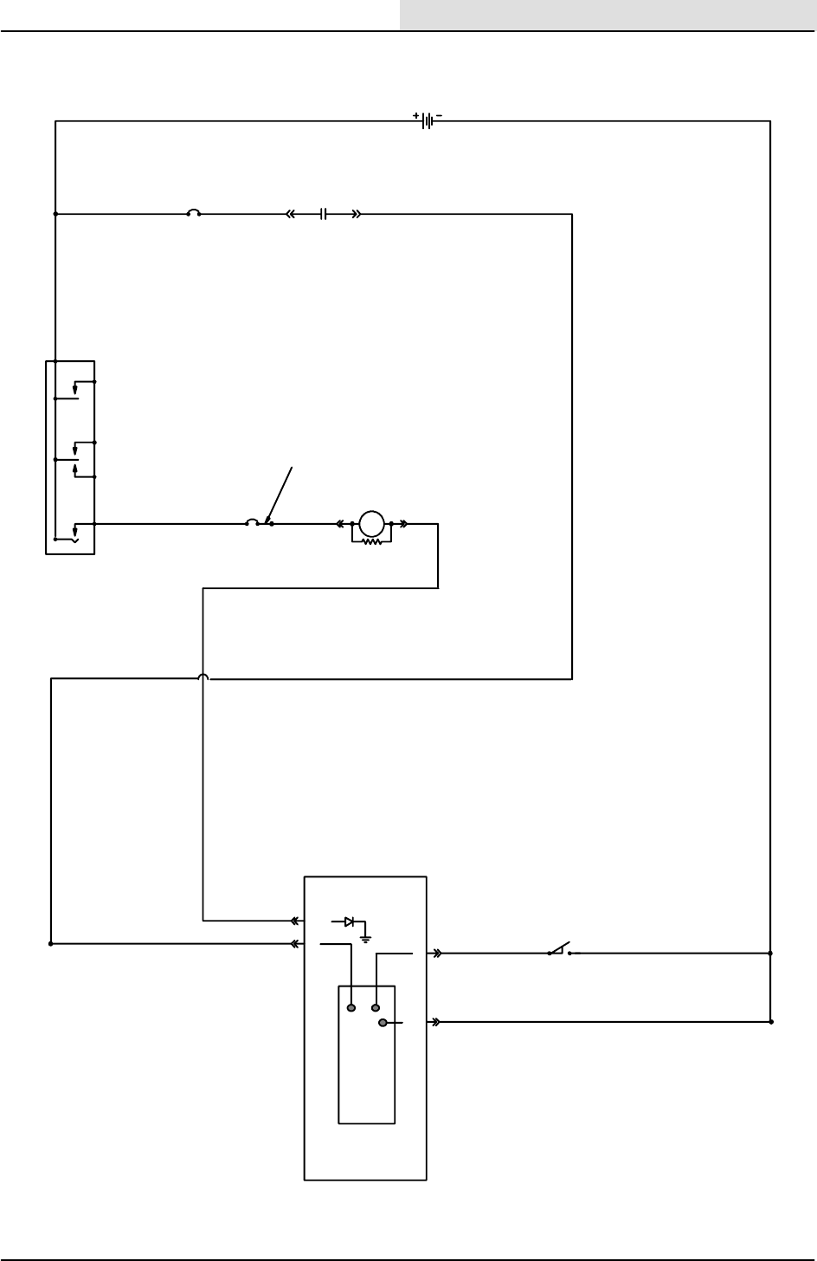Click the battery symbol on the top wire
tap(428, 121)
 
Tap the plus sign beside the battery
tap(416, 115)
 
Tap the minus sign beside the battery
tap(439, 115)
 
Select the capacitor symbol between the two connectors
tap(322, 213)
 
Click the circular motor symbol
tap(371, 524)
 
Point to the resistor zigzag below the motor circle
tap(371, 542)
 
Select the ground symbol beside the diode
tap(366, 936)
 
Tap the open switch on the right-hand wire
tap(560, 949)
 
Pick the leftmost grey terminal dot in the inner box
tap(351, 1007)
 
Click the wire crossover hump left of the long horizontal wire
tap(203, 677)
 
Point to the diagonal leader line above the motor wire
tap(281, 494)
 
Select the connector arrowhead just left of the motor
tap(341, 524)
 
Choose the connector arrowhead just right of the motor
tap(404, 524)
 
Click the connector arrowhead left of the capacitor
tap(291, 213)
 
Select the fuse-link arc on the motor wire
tap(252, 522)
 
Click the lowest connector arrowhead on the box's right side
tap(436, 1022)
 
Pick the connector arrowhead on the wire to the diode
tap(296, 921)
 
